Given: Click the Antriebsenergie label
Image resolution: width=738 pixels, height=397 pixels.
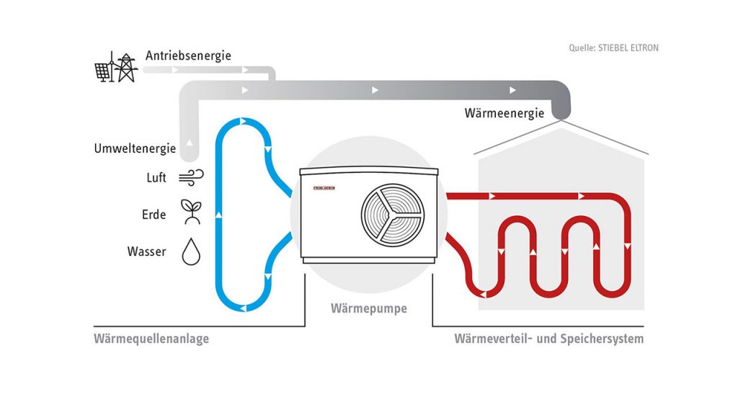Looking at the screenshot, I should pos(188,55).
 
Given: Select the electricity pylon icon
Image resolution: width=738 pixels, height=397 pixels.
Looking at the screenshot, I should pos(126,67).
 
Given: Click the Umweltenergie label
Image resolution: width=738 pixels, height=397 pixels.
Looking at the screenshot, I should pos(135,149).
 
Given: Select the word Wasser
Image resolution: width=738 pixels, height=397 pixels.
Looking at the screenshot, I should pos(147,252).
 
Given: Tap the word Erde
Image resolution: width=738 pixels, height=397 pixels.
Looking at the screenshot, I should pos(154,215).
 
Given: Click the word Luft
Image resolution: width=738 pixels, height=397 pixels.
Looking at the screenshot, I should pos(156,178).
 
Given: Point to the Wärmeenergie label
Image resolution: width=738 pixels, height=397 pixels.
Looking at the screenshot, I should pos(503,113).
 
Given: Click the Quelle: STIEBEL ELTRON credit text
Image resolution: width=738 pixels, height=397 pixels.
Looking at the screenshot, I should pos(613,48).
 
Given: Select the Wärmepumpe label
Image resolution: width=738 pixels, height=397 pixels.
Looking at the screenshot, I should pos(369,308).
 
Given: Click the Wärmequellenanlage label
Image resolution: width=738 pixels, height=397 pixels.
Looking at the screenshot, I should pos(151,338).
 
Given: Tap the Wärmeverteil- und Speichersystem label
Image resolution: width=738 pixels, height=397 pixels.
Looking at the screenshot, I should pos(549,338).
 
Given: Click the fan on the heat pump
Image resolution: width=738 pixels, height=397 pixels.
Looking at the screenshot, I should pos(393,213).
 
